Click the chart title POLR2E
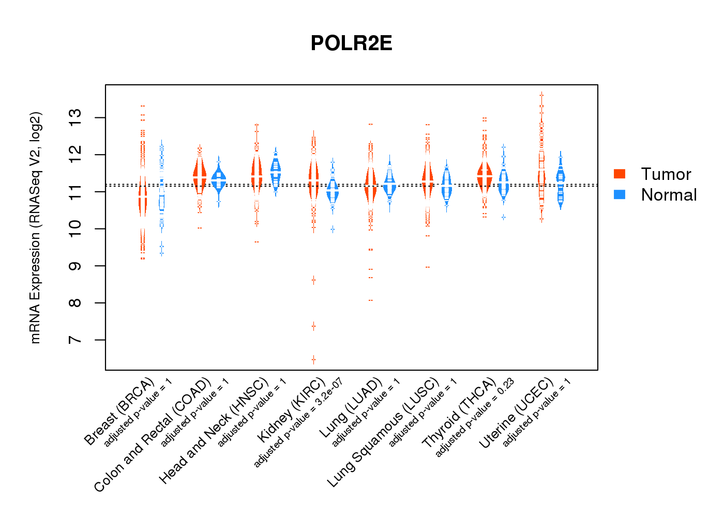click(x=351, y=43)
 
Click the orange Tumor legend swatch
click(x=619, y=174)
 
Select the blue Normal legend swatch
click(x=619, y=194)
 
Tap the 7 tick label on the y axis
click(x=76, y=340)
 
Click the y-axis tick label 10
click(x=76, y=229)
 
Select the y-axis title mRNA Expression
click(x=35, y=227)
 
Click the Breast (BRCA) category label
click(x=119, y=412)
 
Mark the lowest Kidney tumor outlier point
click(x=313, y=359)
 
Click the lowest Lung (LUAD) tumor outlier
click(x=371, y=300)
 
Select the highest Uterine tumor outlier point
click(x=541, y=95)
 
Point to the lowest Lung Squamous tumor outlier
click(x=428, y=267)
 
